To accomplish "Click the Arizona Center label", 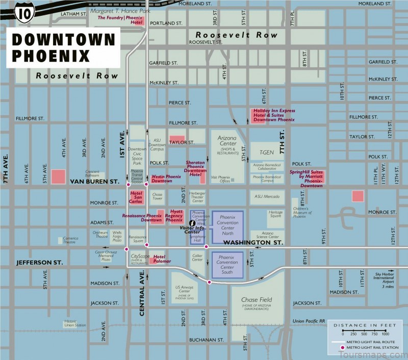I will point(227,141).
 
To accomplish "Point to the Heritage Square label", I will point(275,214).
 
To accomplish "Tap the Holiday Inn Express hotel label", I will point(274,115).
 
